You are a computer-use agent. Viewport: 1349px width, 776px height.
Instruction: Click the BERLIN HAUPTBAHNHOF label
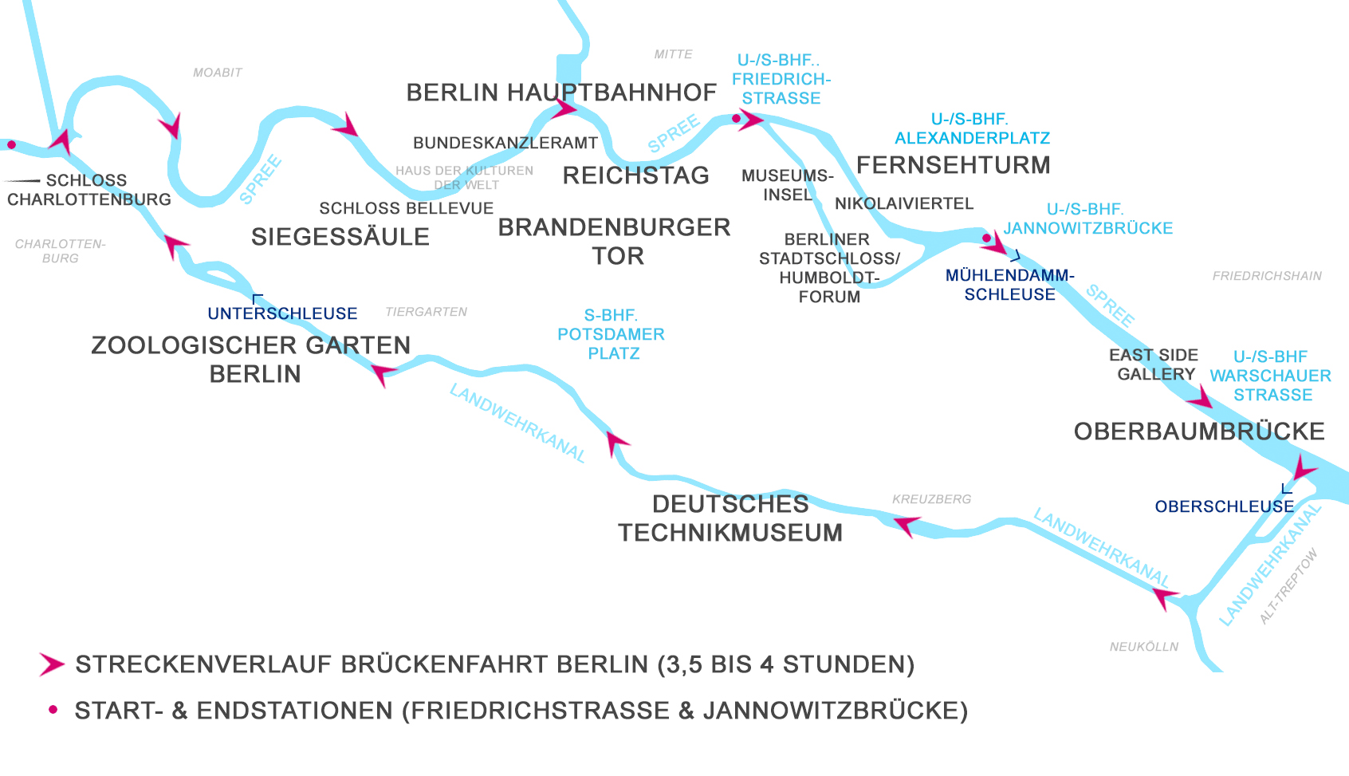click(561, 93)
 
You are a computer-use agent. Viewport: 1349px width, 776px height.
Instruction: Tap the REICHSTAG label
click(635, 175)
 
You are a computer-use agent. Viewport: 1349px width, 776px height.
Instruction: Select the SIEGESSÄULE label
click(340, 237)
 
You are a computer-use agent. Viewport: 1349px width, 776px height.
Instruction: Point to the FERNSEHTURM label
click(954, 165)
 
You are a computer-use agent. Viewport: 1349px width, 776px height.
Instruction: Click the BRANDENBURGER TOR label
click(614, 242)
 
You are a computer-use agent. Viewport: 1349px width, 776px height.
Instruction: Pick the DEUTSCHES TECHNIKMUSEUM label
click(730, 518)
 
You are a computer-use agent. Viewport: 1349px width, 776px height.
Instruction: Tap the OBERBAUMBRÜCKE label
click(1199, 431)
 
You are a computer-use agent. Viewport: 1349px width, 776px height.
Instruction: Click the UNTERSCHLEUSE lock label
click(282, 313)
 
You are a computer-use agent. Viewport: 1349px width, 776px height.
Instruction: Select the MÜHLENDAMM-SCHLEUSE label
click(1009, 285)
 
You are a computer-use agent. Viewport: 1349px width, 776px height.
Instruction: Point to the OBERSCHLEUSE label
click(1225, 506)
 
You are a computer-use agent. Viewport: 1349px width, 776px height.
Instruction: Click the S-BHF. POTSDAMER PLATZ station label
click(611, 334)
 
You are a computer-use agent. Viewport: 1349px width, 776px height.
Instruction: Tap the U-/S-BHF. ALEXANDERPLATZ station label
click(972, 128)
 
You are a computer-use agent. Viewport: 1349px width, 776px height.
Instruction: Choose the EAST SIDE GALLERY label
click(1154, 364)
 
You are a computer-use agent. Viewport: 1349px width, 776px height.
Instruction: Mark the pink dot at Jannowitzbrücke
click(986, 238)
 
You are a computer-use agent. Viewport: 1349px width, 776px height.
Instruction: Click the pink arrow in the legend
click(52, 664)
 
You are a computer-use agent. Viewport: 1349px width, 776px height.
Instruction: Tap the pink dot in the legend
click(53, 709)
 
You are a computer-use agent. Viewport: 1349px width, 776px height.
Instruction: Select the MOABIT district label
click(217, 73)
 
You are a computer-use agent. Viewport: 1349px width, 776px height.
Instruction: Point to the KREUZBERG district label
click(931, 499)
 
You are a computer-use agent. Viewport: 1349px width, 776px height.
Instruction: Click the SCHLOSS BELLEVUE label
click(406, 208)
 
